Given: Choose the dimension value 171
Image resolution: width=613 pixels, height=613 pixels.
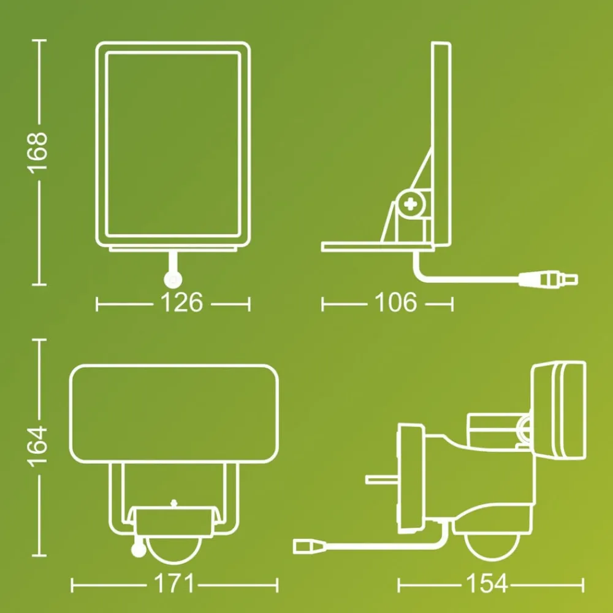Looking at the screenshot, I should click(173, 583).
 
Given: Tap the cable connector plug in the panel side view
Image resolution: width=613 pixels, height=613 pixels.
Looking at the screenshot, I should click(549, 280).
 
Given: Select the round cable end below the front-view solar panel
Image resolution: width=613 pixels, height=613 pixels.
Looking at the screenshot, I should click(172, 280).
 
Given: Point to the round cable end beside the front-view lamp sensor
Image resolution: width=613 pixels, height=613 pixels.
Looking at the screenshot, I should click(139, 550).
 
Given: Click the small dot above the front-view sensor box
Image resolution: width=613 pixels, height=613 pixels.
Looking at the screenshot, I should click(173, 502).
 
